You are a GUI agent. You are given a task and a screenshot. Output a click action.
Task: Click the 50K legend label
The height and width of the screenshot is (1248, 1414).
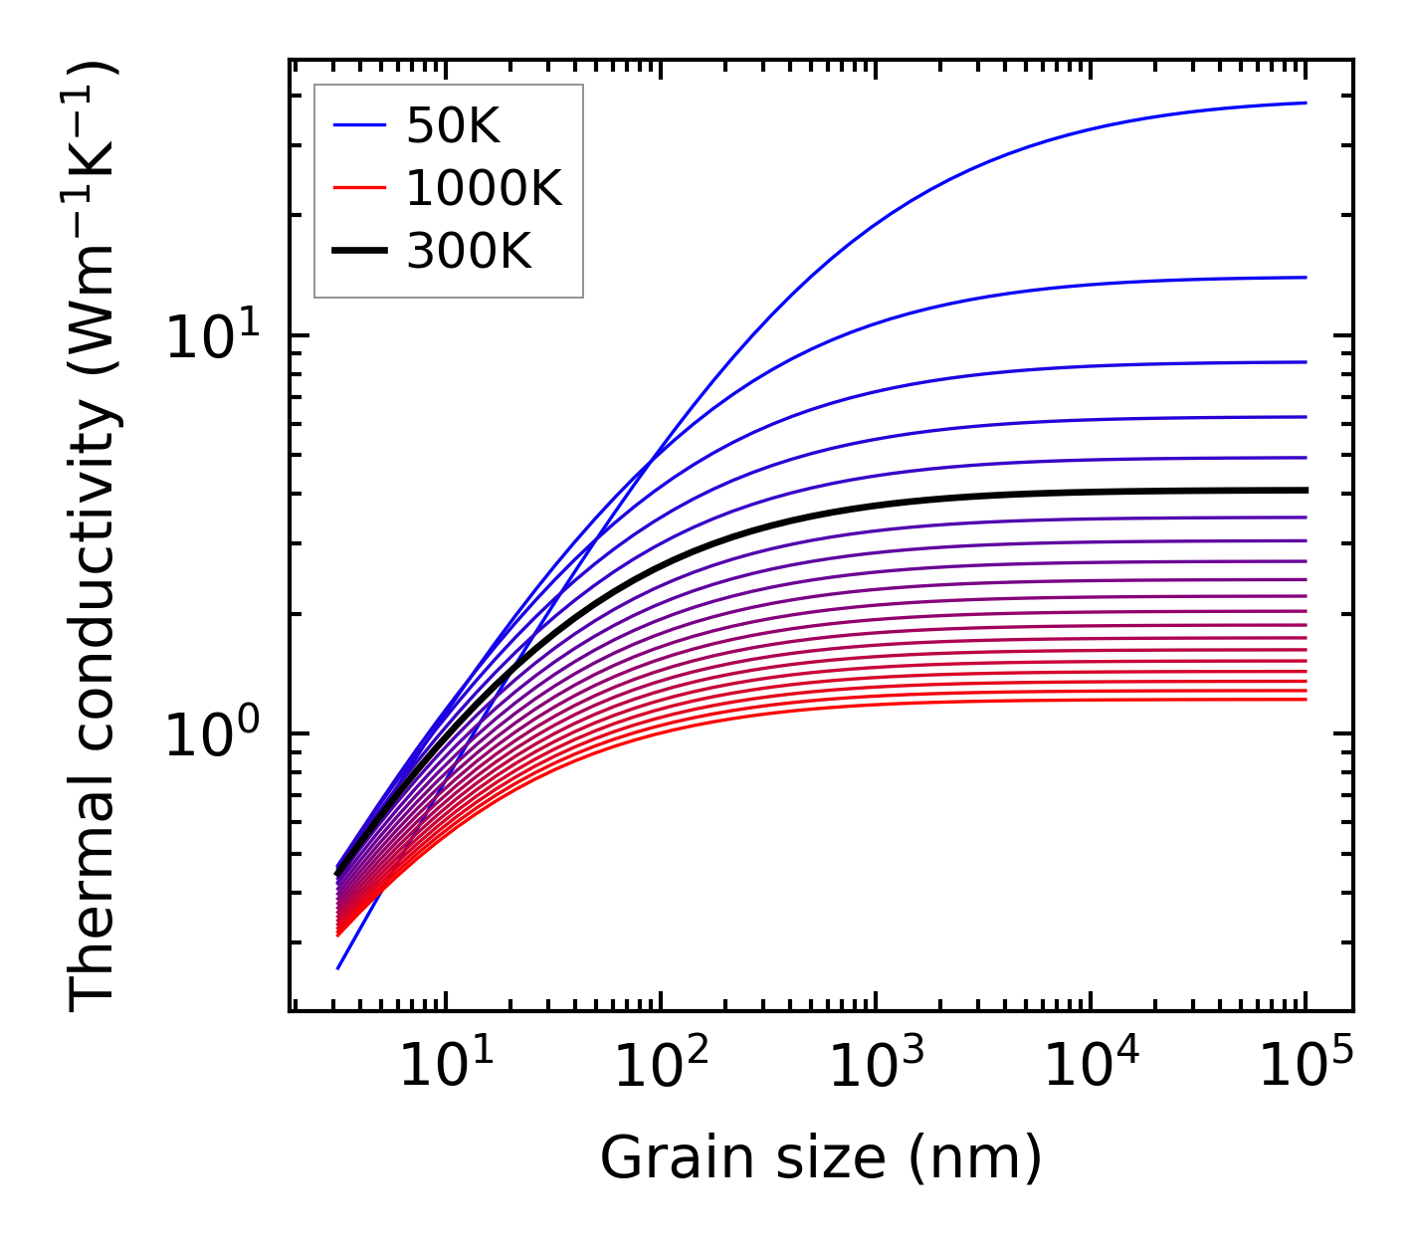[x=453, y=126]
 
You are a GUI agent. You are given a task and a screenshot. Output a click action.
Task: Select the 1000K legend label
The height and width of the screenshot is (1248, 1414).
[x=484, y=188]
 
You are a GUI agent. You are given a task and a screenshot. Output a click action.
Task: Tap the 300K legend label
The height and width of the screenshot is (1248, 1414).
[x=469, y=252]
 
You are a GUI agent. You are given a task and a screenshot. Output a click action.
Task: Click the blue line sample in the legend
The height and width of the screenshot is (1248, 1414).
[x=358, y=126]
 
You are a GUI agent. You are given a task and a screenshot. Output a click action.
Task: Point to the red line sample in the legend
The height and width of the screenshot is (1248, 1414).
[x=358, y=188]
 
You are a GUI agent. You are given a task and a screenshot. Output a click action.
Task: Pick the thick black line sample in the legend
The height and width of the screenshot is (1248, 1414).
[x=358, y=252]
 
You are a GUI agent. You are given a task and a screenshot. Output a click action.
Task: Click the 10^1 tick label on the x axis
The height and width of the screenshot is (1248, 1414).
[x=445, y=1069]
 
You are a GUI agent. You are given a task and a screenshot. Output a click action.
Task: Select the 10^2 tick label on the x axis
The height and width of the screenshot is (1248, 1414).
[x=660, y=1069]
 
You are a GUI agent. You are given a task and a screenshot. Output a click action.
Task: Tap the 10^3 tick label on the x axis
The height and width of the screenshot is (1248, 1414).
[x=875, y=1069]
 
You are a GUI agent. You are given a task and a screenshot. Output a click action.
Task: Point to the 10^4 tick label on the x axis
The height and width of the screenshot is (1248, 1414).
[x=1091, y=1069]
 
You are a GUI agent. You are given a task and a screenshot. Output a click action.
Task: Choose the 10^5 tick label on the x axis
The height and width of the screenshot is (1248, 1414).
[x=1306, y=1069]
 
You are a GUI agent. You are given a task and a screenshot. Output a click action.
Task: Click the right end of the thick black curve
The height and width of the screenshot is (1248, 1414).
[x=1305, y=490]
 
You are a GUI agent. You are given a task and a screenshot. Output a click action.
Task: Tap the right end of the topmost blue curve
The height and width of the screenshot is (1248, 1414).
[x=1305, y=103]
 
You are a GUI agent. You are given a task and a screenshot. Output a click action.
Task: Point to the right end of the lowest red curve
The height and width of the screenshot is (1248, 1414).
[x=1305, y=700]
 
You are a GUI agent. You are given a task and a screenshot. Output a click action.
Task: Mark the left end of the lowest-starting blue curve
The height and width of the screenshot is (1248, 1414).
[x=339, y=967]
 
